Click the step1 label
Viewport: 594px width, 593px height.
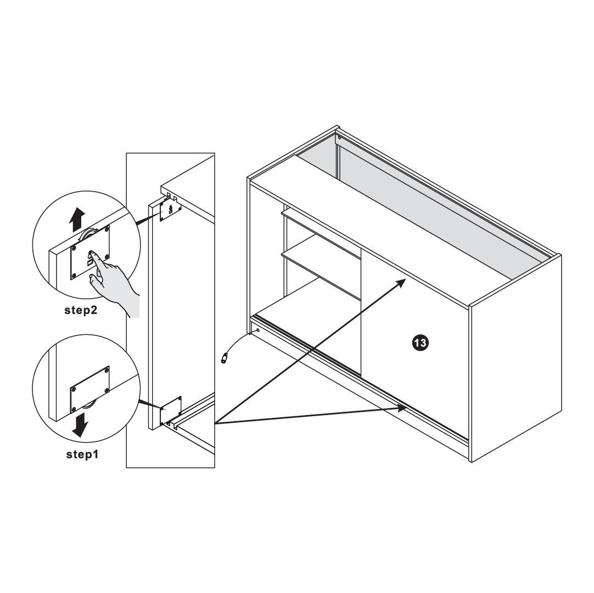pyautogui.click(x=82, y=454)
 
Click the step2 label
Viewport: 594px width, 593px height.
pyautogui.click(x=81, y=310)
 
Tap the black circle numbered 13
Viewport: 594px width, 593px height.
pyautogui.click(x=420, y=343)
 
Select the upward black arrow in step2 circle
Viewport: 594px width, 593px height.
pyautogui.click(x=77, y=220)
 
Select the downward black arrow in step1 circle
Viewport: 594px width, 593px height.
pyautogui.click(x=80, y=424)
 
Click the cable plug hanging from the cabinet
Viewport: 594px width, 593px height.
pyautogui.click(x=225, y=357)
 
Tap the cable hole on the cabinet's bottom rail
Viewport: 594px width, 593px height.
pyautogui.click(x=258, y=331)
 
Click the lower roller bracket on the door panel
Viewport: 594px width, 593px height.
pyautogui.click(x=171, y=411)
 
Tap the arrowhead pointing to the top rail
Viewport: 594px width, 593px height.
pyautogui.click(x=401, y=283)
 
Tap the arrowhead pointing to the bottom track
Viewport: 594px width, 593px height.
pyautogui.click(x=401, y=408)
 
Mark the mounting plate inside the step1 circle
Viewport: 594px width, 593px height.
pyautogui.click(x=90, y=390)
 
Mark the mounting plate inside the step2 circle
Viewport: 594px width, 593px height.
pyautogui.click(x=90, y=253)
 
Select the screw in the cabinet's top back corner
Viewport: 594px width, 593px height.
pyautogui.click(x=339, y=138)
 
